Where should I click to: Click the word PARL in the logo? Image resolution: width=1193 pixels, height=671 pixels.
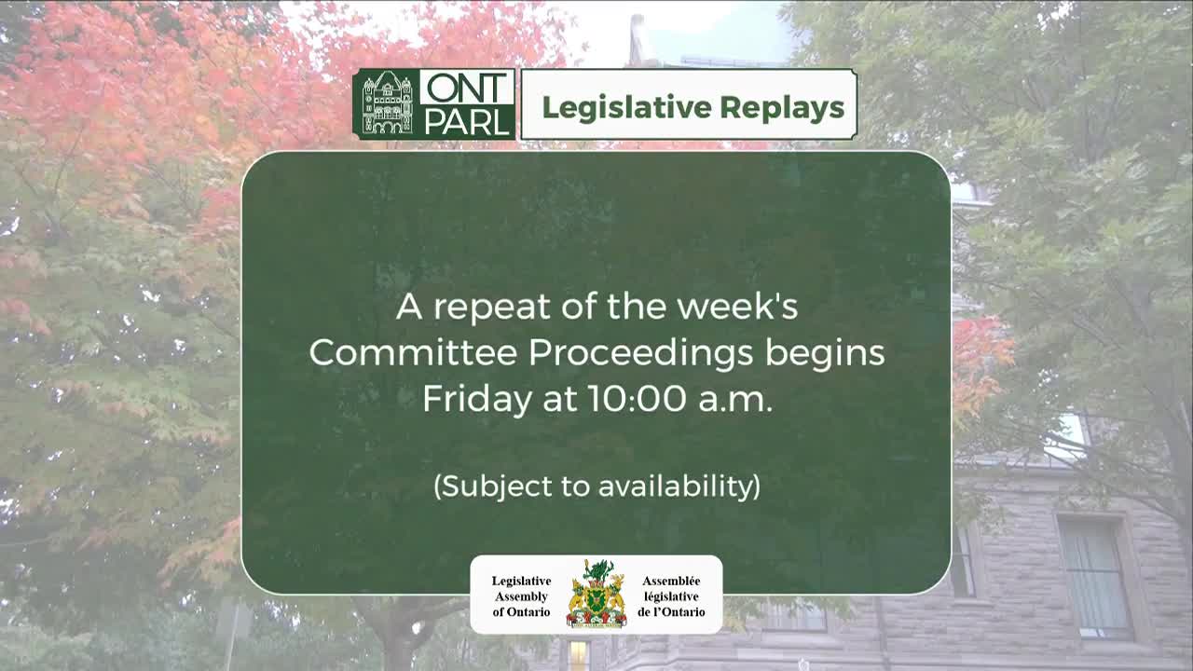click(467, 121)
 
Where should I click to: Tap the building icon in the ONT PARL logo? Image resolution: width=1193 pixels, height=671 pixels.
click(387, 103)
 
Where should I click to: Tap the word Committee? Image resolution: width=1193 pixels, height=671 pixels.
click(413, 353)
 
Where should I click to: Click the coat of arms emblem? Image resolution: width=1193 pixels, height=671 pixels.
click(596, 594)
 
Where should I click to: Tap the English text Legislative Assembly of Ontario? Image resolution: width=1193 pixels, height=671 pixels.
click(521, 596)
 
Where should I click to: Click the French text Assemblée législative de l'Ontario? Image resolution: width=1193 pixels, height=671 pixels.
click(670, 596)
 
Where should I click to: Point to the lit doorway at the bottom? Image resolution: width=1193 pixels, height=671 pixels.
click(578, 656)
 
